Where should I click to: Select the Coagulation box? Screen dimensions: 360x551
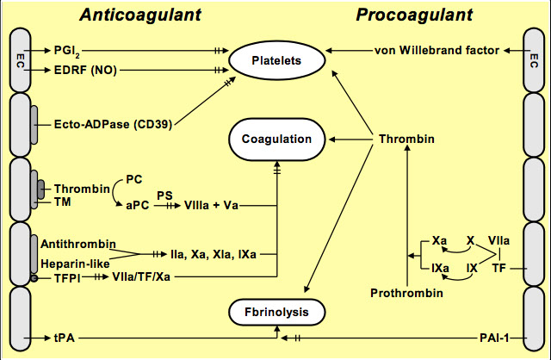point(276,138)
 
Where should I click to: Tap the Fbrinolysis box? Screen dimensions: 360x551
point(275,311)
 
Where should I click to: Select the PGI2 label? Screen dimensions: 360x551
point(66,50)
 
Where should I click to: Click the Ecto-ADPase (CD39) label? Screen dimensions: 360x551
point(111,123)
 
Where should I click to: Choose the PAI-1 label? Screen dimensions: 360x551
point(497,337)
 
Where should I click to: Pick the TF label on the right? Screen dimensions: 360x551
point(499,268)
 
